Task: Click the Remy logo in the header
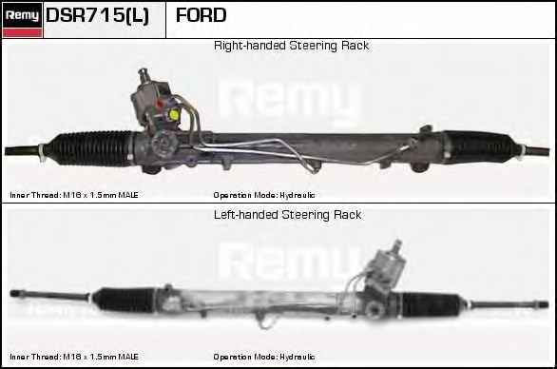click(x=23, y=15)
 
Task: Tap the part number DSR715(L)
click(x=97, y=15)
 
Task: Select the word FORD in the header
click(x=202, y=15)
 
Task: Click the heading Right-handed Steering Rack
click(x=291, y=46)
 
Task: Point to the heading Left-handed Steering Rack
click(x=288, y=215)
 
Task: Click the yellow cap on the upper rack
click(x=174, y=114)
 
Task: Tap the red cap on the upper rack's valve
click(x=161, y=105)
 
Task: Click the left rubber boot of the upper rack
click(x=90, y=148)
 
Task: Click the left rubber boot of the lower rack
click(x=124, y=300)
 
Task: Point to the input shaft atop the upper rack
click(x=144, y=76)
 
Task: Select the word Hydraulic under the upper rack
click(x=297, y=195)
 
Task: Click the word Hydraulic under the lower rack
click(x=297, y=357)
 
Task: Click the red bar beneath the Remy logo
click(x=23, y=32)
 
